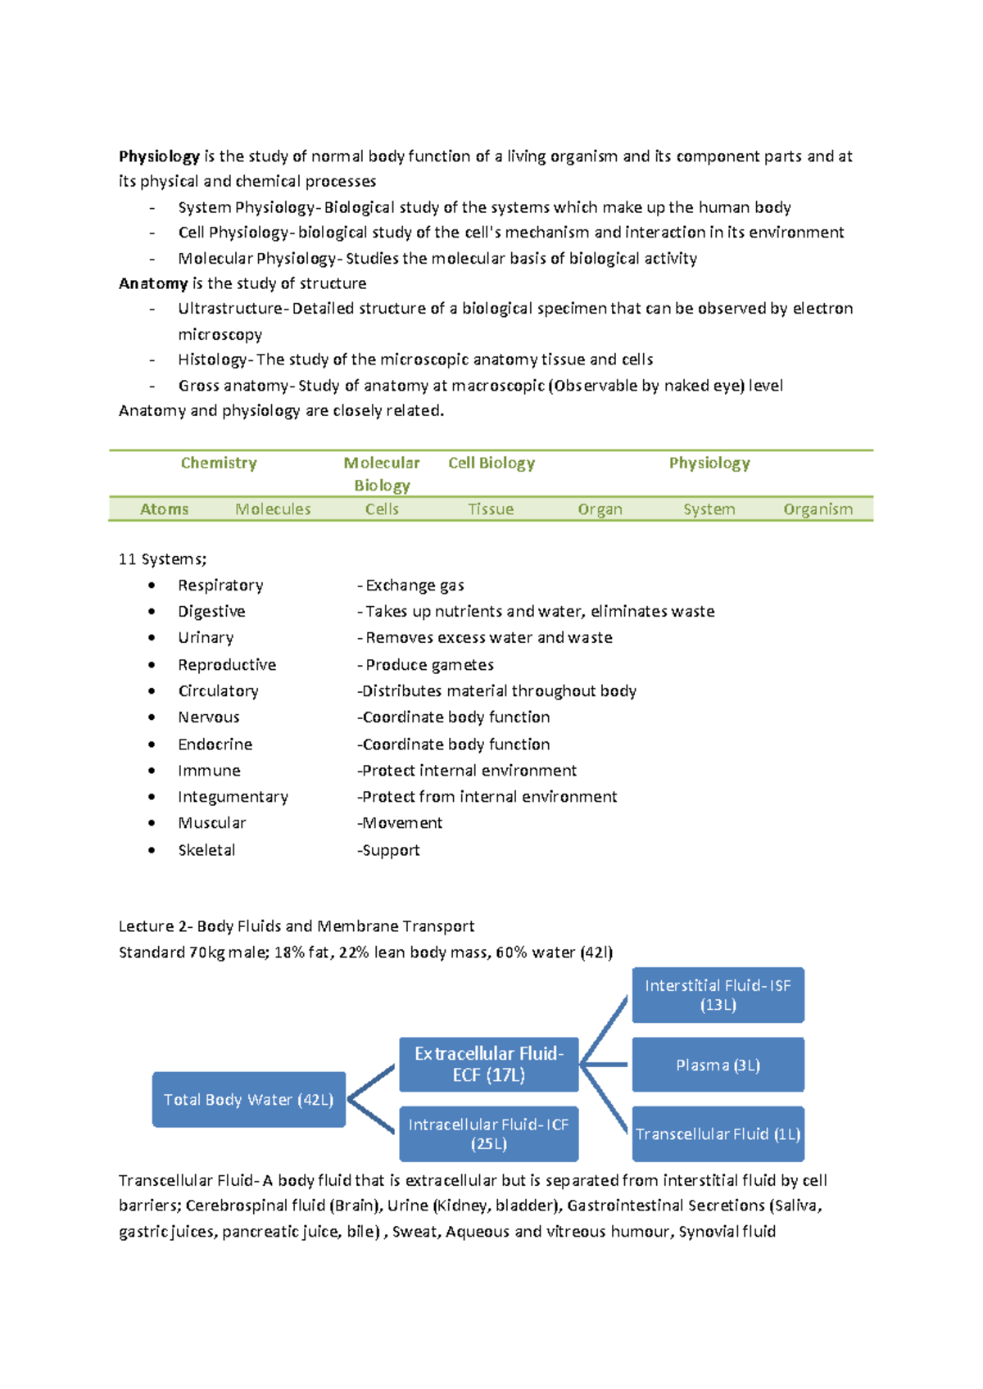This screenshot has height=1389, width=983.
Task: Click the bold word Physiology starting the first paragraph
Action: [159, 156]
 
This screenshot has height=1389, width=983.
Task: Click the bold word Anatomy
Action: [153, 283]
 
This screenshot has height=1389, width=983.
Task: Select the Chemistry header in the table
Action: [219, 463]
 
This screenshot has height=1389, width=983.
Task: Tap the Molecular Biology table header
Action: [382, 473]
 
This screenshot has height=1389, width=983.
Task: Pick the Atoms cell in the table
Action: [164, 509]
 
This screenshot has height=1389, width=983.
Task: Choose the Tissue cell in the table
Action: [491, 509]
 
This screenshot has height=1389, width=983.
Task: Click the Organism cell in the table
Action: [818, 509]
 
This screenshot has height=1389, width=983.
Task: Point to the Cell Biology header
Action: [491, 463]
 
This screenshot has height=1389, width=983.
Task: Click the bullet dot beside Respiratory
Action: [152, 585]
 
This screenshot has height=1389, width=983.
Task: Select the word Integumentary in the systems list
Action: [233, 796]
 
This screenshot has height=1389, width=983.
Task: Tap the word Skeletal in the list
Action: [206, 850]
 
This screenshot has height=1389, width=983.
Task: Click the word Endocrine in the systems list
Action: [215, 744]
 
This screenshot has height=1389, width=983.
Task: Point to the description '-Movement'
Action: [400, 822]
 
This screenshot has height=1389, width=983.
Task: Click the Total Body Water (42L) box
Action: [248, 1099]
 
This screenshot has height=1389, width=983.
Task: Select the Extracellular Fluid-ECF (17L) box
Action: [489, 1064]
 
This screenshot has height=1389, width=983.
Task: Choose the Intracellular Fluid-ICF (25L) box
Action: [489, 1133]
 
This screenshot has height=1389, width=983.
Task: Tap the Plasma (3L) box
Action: [718, 1065]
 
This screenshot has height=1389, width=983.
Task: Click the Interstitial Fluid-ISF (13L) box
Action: [718, 994]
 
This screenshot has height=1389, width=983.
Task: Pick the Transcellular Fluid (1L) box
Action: [718, 1133]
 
